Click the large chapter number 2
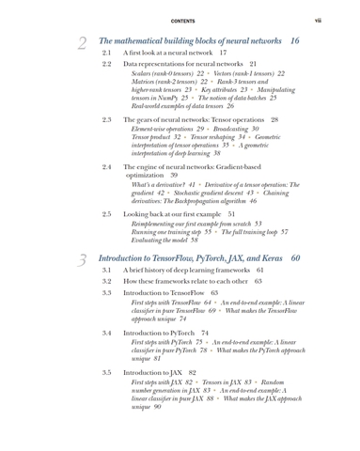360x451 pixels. click(82, 43)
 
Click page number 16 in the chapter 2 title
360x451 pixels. click(295, 41)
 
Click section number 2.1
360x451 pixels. click(106, 54)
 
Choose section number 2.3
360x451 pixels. click(106, 120)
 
